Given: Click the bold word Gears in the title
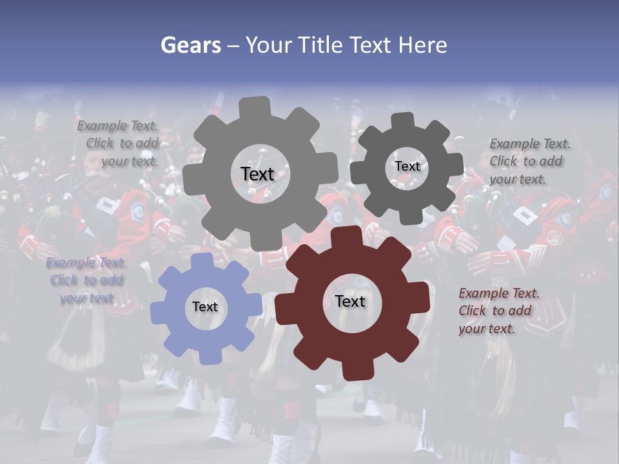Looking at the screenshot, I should (x=190, y=45).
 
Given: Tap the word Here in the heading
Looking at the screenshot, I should (x=422, y=45).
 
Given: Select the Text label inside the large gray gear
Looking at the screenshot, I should (x=257, y=174).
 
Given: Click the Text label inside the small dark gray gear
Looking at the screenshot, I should (x=407, y=166).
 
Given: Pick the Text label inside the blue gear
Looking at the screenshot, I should (x=205, y=307).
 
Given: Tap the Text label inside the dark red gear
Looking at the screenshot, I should (x=350, y=301).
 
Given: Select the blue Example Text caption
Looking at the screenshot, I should (x=86, y=280).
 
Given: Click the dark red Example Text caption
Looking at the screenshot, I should (x=498, y=311).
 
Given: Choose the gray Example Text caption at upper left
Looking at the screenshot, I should (x=119, y=143).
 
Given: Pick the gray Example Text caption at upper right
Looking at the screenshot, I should (x=529, y=161).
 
